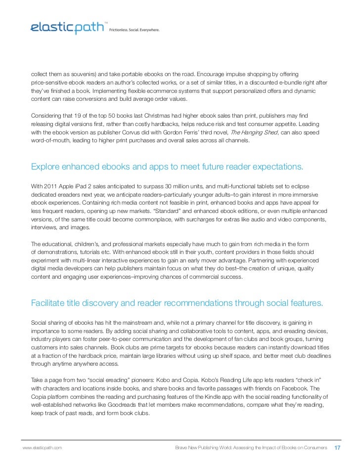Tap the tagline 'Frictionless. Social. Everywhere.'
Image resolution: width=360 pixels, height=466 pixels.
tap(135, 30)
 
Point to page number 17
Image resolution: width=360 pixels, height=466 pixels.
tap(338, 447)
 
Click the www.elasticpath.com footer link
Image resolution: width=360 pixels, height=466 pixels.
tap(42, 447)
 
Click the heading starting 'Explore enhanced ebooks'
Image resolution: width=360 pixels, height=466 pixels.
tap(167, 167)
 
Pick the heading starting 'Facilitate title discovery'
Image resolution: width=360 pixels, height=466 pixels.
tap(177, 303)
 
